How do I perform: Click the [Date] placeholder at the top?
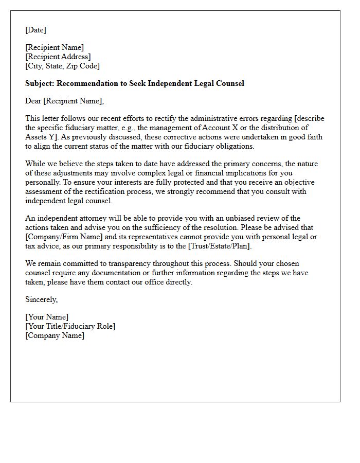click(35, 30)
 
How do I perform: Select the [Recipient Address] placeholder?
click(58, 57)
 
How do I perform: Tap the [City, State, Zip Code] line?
click(62, 66)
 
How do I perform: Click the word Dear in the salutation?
click(33, 101)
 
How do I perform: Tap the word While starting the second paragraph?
click(35, 164)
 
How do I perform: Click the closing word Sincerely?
click(41, 299)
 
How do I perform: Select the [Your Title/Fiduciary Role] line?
click(70, 326)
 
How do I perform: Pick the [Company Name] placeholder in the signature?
click(55, 335)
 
